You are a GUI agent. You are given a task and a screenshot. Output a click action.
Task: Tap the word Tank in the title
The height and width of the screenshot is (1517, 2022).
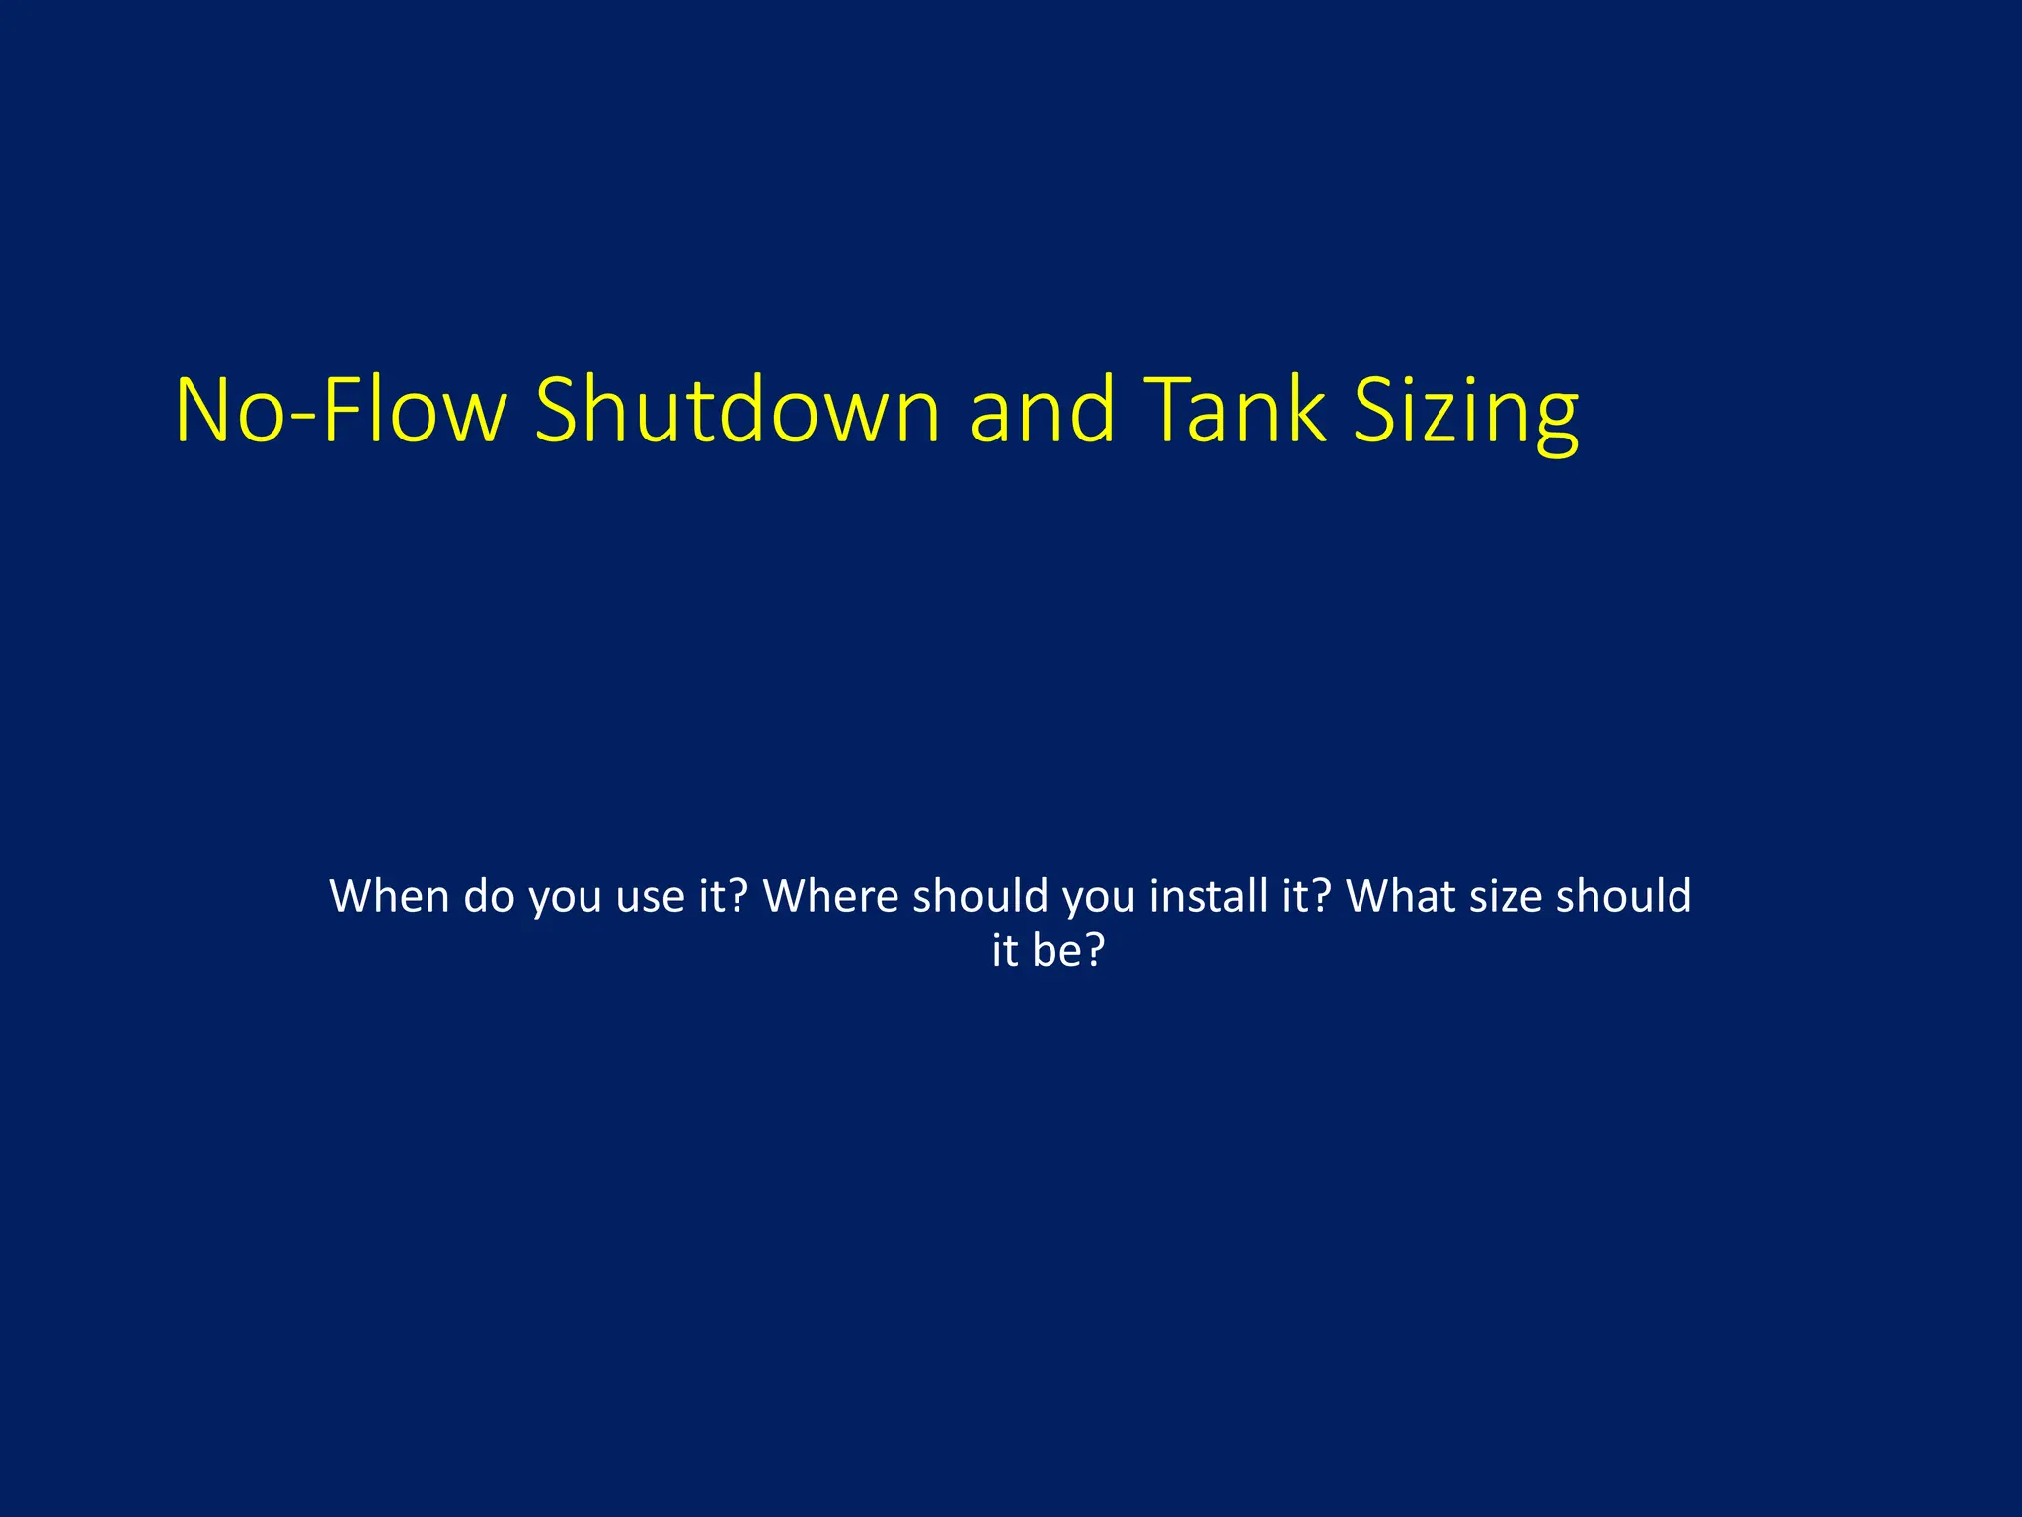pyautogui.click(x=1238, y=411)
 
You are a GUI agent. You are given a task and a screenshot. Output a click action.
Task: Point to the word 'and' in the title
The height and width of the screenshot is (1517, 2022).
pyautogui.click(x=1043, y=411)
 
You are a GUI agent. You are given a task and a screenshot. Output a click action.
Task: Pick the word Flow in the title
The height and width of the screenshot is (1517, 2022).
pyautogui.click(x=414, y=411)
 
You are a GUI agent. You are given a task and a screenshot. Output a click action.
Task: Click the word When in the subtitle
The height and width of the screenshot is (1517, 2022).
pyautogui.click(x=389, y=896)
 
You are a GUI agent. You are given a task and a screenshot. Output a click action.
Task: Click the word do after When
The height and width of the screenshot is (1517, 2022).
pyautogui.click(x=489, y=896)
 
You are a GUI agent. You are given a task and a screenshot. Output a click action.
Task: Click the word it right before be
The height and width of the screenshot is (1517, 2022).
pyautogui.click(x=1005, y=950)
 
